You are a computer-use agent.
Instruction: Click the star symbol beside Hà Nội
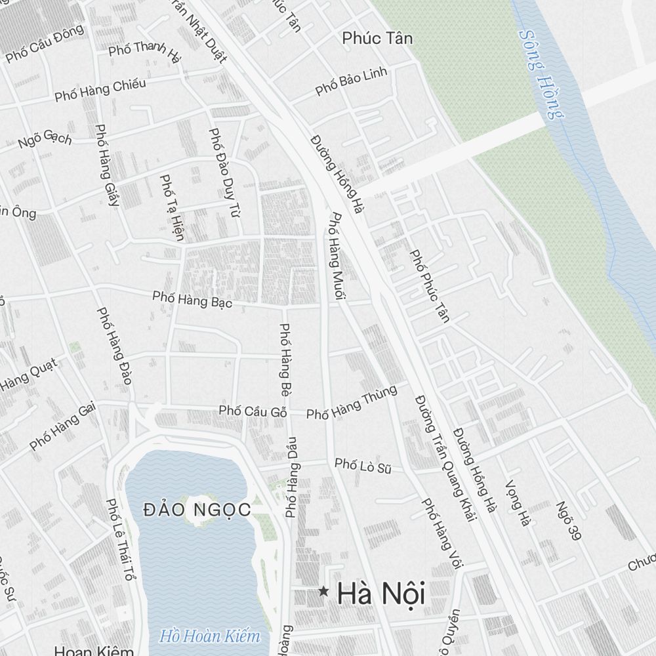tap(323, 592)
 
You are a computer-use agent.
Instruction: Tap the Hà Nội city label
tap(381, 594)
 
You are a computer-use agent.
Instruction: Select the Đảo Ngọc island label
tap(197, 509)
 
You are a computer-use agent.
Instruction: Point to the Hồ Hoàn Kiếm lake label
tap(210, 636)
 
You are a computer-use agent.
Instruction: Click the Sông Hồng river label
tap(541, 75)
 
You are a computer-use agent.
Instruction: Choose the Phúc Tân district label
tap(377, 38)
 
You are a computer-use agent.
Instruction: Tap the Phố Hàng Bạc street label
tap(192, 299)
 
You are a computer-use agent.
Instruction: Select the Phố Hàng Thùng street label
tap(352, 403)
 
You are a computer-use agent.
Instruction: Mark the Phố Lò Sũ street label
tap(363, 466)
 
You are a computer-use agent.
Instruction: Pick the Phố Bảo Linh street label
tap(352, 81)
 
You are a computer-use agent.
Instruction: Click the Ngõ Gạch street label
tap(45, 138)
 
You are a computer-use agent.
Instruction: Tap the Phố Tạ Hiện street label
tap(171, 207)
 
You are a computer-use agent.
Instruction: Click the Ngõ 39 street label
tap(568, 522)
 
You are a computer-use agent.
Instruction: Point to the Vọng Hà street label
tap(516, 503)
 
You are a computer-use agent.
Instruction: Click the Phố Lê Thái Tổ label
tap(119, 540)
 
